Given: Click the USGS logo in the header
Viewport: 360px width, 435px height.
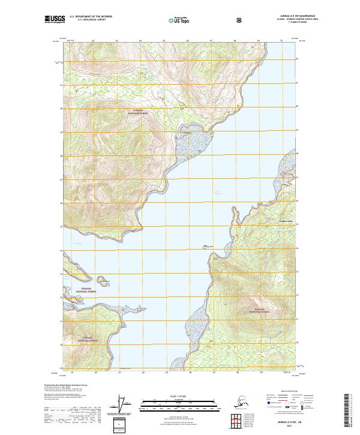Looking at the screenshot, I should click(53, 20).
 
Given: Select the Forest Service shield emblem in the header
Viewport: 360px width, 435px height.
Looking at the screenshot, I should click(239, 20).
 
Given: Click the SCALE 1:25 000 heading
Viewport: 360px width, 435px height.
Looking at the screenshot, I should click(179, 395).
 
